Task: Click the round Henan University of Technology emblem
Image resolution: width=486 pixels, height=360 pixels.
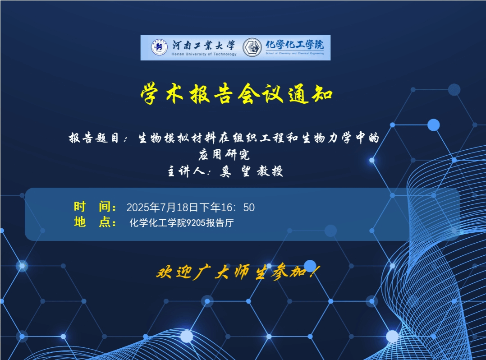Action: (159, 47)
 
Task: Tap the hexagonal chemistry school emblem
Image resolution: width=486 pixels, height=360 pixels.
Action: (252, 47)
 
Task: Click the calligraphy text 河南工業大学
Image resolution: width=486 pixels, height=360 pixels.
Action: (204, 45)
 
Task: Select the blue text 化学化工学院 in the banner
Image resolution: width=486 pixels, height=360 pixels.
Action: (294, 45)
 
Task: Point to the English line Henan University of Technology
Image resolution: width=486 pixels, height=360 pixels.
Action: (204, 54)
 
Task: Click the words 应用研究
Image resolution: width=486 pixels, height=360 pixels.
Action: (224, 154)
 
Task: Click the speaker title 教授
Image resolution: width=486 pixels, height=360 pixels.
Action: (270, 171)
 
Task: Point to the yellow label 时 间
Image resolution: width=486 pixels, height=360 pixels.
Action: (95, 207)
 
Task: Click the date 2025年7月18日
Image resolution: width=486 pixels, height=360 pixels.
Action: (163, 208)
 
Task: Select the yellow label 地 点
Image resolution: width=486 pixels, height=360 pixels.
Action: (95, 222)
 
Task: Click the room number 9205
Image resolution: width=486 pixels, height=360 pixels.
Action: (196, 223)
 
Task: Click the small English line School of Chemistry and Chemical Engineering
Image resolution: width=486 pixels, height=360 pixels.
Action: (294, 53)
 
